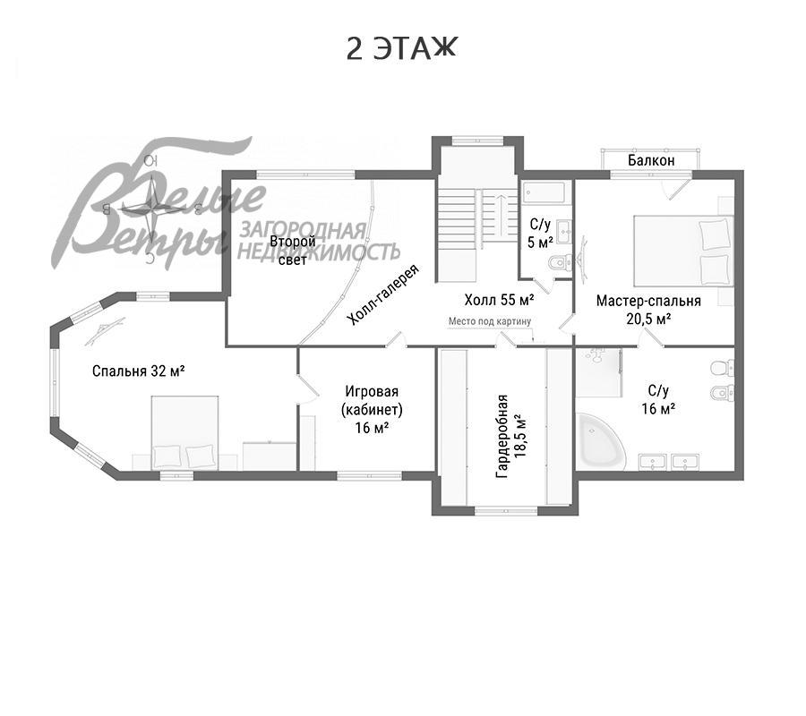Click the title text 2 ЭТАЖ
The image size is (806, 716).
(401, 49)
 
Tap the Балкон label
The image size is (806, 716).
(651, 160)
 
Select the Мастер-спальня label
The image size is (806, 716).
(648, 301)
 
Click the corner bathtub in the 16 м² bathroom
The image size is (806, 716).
(602, 440)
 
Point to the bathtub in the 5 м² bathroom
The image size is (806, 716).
(544, 193)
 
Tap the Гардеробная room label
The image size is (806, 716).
(511, 436)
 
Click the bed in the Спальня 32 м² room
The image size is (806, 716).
(185, 432)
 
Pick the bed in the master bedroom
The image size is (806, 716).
(682, 250)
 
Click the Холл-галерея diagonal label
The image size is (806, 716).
(383, 294)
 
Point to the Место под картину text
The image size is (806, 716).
(490, 321)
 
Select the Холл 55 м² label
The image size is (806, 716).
(499, 300)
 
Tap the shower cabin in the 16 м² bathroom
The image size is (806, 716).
(599, 373)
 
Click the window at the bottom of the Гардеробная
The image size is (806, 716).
(505, 510)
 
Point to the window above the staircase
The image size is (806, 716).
(477, 141)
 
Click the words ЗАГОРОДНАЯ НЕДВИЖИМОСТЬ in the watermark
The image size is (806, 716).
(319, 241)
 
